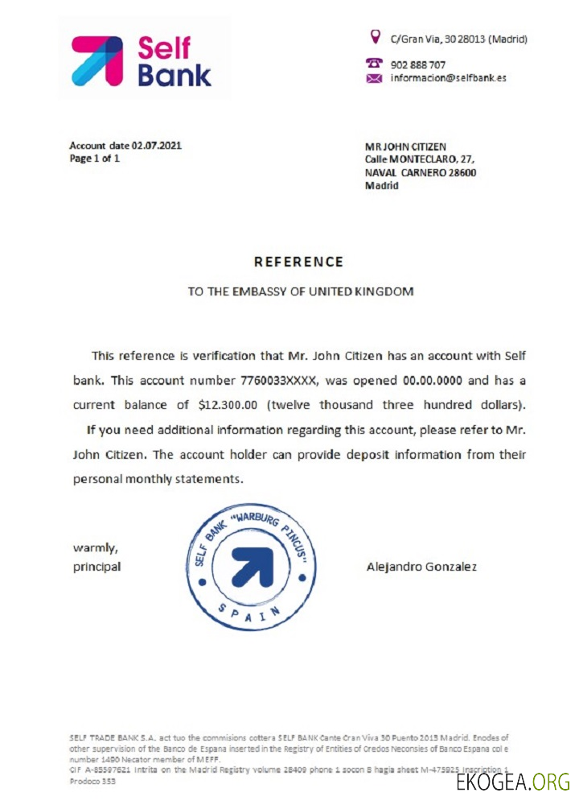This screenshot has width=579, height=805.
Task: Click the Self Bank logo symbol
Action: (x=97, y=60)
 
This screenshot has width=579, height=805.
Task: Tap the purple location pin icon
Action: (x=374, y=36)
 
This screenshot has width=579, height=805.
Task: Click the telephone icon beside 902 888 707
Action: (x=374, y=63)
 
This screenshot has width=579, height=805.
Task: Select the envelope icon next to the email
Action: (x=374, y=78)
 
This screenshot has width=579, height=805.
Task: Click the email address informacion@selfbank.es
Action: (x=448, y=78)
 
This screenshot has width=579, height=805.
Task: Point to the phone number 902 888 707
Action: (x=418, y=64)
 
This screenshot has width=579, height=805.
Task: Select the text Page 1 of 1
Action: (x=95, y=159)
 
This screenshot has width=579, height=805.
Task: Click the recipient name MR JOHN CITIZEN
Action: (x=406, y=147)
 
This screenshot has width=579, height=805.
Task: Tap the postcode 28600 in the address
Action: (x=462, y=172)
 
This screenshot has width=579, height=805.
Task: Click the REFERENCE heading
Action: (x=298, y=262)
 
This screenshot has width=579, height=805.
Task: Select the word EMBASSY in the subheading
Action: (x=250, y=291)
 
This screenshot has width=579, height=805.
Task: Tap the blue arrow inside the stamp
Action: (x=254, y=568)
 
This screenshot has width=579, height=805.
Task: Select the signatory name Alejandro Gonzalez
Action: (x=421, y=567)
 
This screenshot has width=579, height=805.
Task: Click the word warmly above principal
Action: (x=96, y=548)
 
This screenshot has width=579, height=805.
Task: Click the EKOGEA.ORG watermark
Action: (x=512, y=781)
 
